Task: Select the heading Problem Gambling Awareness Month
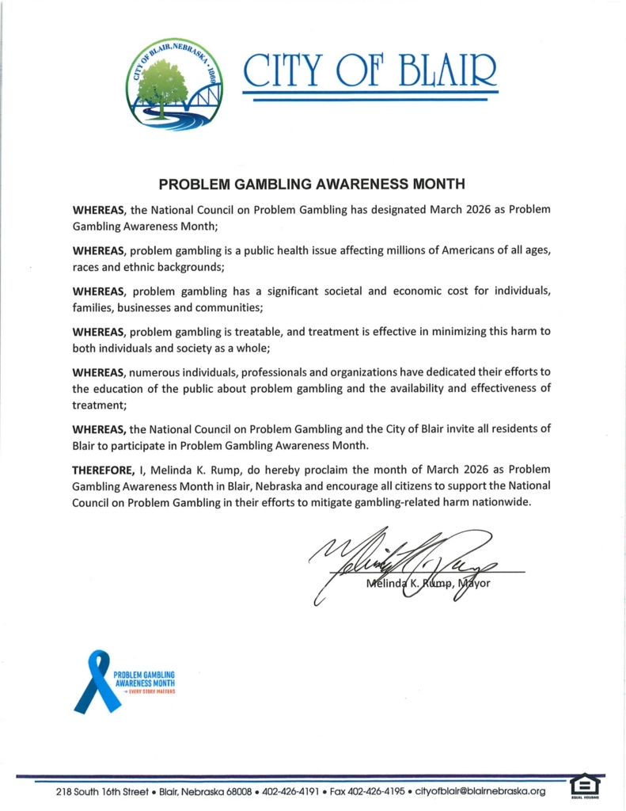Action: pyautogui.click(x=311, y=184)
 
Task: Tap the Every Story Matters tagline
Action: pyautogui.click(x=146, y=691)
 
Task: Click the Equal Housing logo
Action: pyautogui.click(x=585, y=786)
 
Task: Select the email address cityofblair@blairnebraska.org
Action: pyautogui.click(x=481, y=791)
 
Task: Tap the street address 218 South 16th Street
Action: pyautogui.click(x=104, y=791)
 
